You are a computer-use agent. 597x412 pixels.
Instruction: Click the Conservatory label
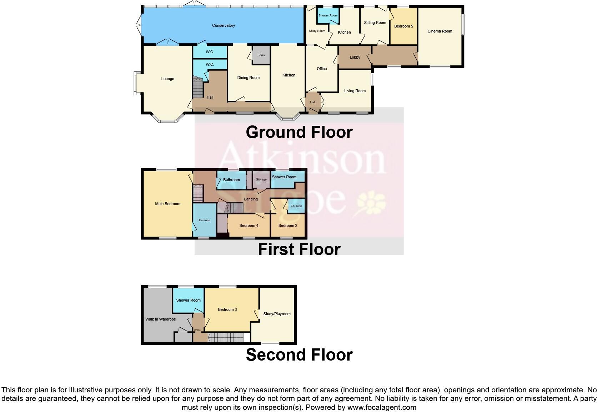pyautogui.click(x=224, y=26)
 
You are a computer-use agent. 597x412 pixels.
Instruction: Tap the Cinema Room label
pyautogui.click(x=440, y=31)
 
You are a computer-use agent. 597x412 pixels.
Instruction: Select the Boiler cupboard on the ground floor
pyautogui.click(x=261, y=55)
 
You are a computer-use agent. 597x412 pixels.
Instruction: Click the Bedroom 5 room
pyautogui.click(x=403, y=26)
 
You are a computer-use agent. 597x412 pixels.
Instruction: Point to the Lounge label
pyautogui.click(x=167, y=79)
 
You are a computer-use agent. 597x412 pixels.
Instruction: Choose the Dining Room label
pyautogui.click(x=249, y=78)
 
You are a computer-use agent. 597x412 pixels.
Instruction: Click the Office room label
pyautogui.click(x=322, y=69)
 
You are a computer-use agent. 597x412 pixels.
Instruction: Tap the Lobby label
pyautogui.click(x=355, y=58)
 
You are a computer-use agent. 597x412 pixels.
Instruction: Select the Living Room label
pyautogui.click(x=355, y=91)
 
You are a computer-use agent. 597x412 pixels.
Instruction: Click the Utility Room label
pyautogui.click(x=317, y=31)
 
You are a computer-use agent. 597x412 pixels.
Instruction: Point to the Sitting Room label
pyautogui.click(x=375, y=23)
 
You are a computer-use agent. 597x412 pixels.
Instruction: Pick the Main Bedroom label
pyautogui.click(x=167, y=204)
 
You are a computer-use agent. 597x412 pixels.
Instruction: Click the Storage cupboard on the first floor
pyautogui.click(x=261, y=180)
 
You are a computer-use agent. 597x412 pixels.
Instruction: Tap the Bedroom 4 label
pyautogui.click(x=249, y=226)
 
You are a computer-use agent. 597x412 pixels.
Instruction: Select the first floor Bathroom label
pyautogui.click(x=231, y=180)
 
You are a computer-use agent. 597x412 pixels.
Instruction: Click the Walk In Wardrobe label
pyautogui.click(x=160, y=319)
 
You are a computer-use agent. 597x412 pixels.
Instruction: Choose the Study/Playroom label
pyautogui.click(x=277, y=314)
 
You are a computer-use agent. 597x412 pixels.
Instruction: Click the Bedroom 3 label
pyautogui.click(x=227, y=310)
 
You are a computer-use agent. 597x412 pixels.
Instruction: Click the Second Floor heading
pyautogui.click(x=299, y=355)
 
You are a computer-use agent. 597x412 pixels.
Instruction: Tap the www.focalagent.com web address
pyautogui.click(x=381, y=407)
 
